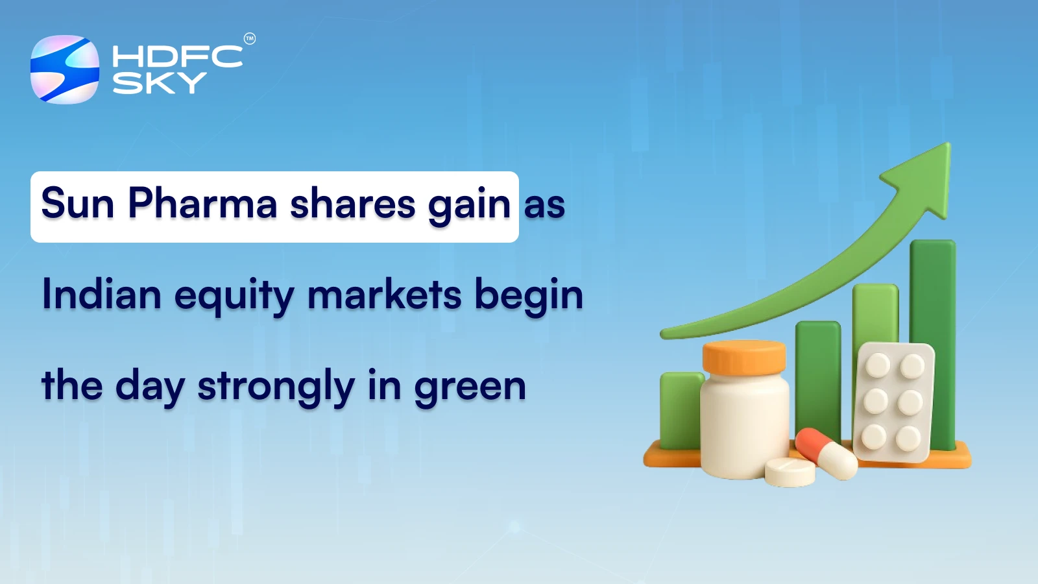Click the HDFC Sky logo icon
pos(65,69)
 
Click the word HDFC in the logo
pos(177,56)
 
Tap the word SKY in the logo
pos(159,83)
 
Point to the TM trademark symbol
pos(250,39)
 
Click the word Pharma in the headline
pos(202,204)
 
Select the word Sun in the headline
pos(78,204)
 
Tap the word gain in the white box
pos(469,205)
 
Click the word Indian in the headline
pos(101,295)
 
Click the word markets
pos(385,295)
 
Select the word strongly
pos(276,387)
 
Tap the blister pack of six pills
pos(893,402)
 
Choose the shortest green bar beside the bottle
pos(679,409)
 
